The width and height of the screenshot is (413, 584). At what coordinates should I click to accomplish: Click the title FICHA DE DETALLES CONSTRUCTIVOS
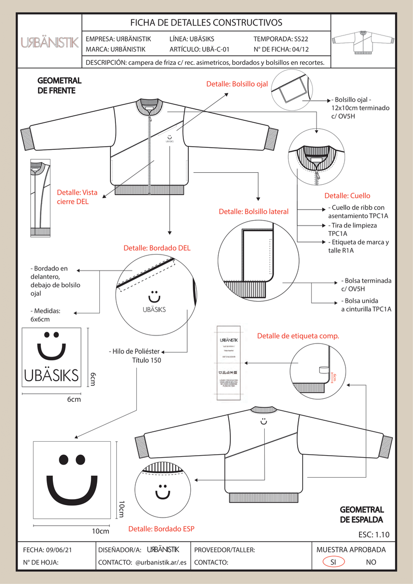pos(206,22)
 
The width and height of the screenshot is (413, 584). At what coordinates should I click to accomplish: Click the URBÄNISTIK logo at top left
pos(49,43)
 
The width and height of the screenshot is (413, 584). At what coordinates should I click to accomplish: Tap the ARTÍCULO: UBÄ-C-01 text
pos(199,49)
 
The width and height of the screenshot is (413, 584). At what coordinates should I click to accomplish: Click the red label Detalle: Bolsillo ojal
pos(237,84)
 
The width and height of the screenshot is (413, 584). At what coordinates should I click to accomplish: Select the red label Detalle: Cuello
pos(348,196)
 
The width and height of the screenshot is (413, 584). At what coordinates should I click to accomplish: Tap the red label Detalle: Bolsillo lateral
pos(254,212)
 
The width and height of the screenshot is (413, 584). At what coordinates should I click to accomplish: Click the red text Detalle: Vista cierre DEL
pos(77,197)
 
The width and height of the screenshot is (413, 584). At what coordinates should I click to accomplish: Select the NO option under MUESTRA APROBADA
pos(371,562)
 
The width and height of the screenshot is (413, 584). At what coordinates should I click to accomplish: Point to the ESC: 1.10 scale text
pos(374,535)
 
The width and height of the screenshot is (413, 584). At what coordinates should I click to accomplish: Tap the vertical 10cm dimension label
pos(121,509)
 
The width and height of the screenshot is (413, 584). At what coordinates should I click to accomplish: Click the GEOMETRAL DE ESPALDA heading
pos(362,515)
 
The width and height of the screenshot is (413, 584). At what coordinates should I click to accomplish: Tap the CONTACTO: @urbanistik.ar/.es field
pos(143,562)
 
